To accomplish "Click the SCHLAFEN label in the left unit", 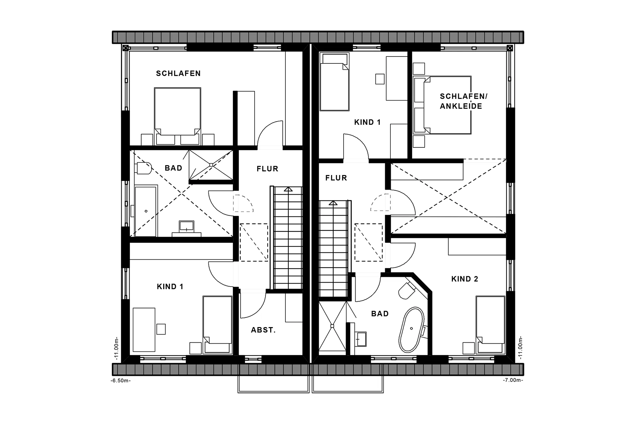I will coord(178,73).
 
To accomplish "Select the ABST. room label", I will coord(263,330).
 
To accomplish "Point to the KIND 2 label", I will coord(465,279).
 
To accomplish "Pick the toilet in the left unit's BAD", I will coord(144,168).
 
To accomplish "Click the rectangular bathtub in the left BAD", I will coord(146,211).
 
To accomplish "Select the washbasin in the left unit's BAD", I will coord(186,227).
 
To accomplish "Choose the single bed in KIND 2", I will coord(490,324).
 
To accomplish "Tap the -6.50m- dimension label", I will coord(121,381).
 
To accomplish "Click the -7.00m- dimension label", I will coord(513,380).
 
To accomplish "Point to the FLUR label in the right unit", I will coord(336,178).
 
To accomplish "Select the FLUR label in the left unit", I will coord(267,169).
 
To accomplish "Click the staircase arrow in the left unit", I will coord(288,189).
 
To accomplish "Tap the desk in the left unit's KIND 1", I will coord(144,329).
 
